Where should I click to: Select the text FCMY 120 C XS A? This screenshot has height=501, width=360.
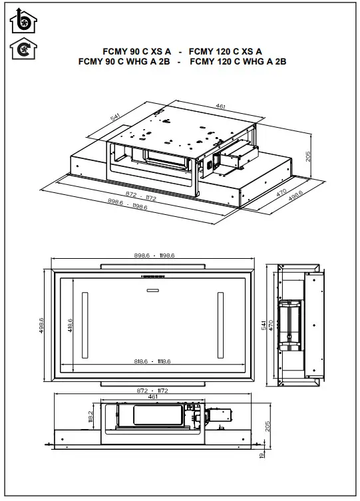tap(226, 51)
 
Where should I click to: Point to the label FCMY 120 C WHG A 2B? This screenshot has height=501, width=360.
tap(238, 62)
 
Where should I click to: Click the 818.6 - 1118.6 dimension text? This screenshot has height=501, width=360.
tap(152, 361)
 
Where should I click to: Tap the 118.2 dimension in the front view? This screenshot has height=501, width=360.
tap(91, 416)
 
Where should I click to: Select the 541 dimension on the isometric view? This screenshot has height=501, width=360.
tap(114, 117)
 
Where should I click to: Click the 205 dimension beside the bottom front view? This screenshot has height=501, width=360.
tap(268, 426)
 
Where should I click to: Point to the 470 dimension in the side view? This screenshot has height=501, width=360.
tap(271, 325)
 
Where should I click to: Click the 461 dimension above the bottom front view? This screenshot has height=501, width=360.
tap(152, 397)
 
